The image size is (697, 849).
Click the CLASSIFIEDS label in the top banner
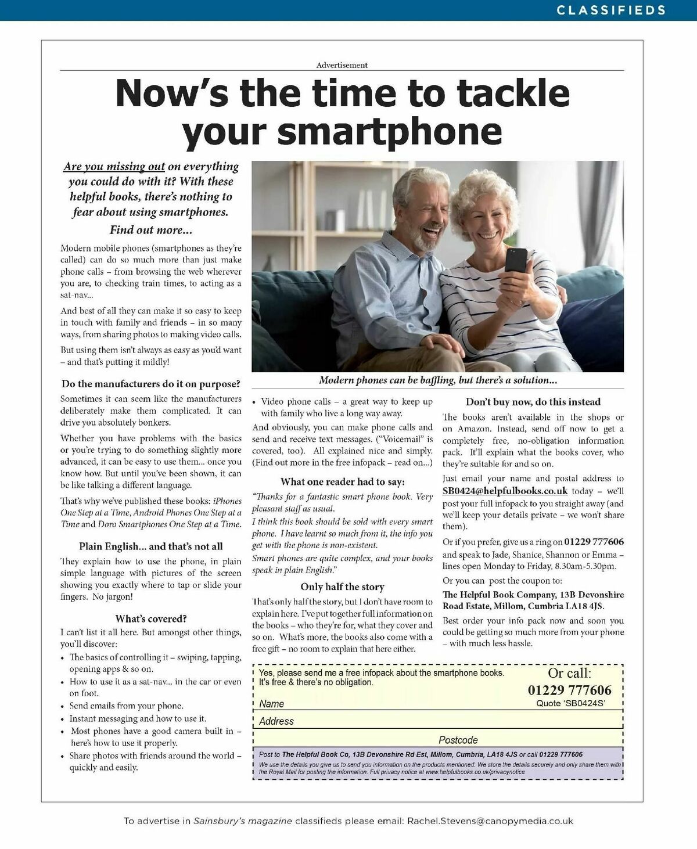pyautogui.click(x=611, y=10)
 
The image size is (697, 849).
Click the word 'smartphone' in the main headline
pyautogui.click(x=390, y=131)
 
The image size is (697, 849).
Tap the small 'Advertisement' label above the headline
pyautogui.click(x=342, y=65)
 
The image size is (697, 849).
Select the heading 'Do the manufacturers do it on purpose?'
pyautogui.click(x=150, y=384)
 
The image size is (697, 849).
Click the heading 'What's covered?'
pyautogui.click(x=150, y=618)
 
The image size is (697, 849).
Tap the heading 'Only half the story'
pyautogui.click(x=342, y=587)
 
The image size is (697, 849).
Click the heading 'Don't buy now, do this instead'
pyautogui.click(x=533, y=401)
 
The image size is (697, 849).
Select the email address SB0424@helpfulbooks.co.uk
pyautogui.click(x=505, y=491)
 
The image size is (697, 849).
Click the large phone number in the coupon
pyautogui.click(x=569, y=690)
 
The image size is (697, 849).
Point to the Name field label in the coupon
pyautogui.click(x=271, y=704)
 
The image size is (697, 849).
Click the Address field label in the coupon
pyautogui.click(x=276, y=721)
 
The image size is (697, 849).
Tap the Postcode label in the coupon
pyautogui.click(x=458, y=740)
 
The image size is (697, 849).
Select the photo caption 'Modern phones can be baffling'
pyautogui.click(x=437, y=380)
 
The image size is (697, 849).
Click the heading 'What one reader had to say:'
pyautogui.click(x=342, y=481)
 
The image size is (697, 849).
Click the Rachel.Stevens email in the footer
pyautogui.click(x=490, y=821)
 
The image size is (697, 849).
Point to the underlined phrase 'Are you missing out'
pyautogui.click(x=114, y=167)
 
